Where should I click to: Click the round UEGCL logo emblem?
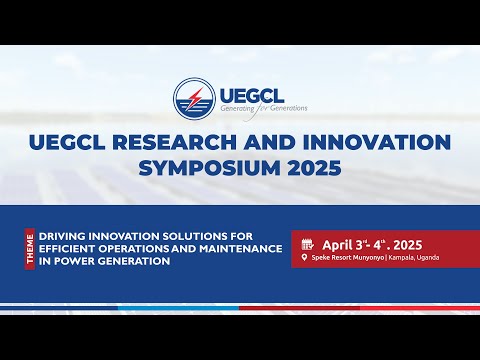(x=194, y=97)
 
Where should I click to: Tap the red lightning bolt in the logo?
(x=194, y=97)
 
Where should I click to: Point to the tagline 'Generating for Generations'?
(x=263, y=107)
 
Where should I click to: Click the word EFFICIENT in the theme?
(x=70, y=249)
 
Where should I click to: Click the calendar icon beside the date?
(x=307, y=243)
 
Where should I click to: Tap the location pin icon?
(x=303, y=258)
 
